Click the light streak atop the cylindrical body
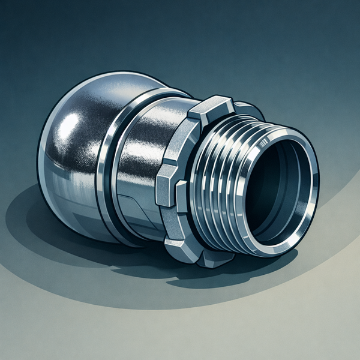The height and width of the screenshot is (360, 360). click(156, 120)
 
